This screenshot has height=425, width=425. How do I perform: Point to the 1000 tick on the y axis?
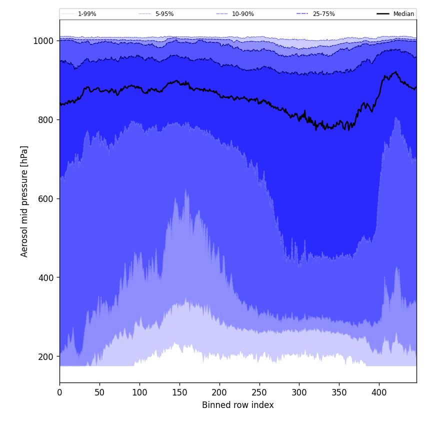point(43,41)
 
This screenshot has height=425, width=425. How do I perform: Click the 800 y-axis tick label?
point(46,120)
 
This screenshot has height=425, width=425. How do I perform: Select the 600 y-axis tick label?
point(46,199)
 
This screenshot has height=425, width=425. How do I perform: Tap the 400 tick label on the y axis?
point(46,278)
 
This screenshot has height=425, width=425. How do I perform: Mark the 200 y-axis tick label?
point(46,357)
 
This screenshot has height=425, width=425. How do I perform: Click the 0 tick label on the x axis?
point(59,392)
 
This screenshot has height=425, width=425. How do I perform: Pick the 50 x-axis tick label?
point(99,392)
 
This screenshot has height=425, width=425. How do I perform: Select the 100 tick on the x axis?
point(139,392)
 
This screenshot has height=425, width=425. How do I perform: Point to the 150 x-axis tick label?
point(179,392)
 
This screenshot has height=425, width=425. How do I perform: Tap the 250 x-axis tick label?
point(259,392)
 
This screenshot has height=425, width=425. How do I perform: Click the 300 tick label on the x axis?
point(299,392)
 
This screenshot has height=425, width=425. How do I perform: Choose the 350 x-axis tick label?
point(339,392)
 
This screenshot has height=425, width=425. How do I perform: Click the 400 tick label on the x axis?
point(379,392)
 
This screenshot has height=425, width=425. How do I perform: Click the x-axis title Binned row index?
point(238,405)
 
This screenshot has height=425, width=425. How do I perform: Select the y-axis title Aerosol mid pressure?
point(24,201)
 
